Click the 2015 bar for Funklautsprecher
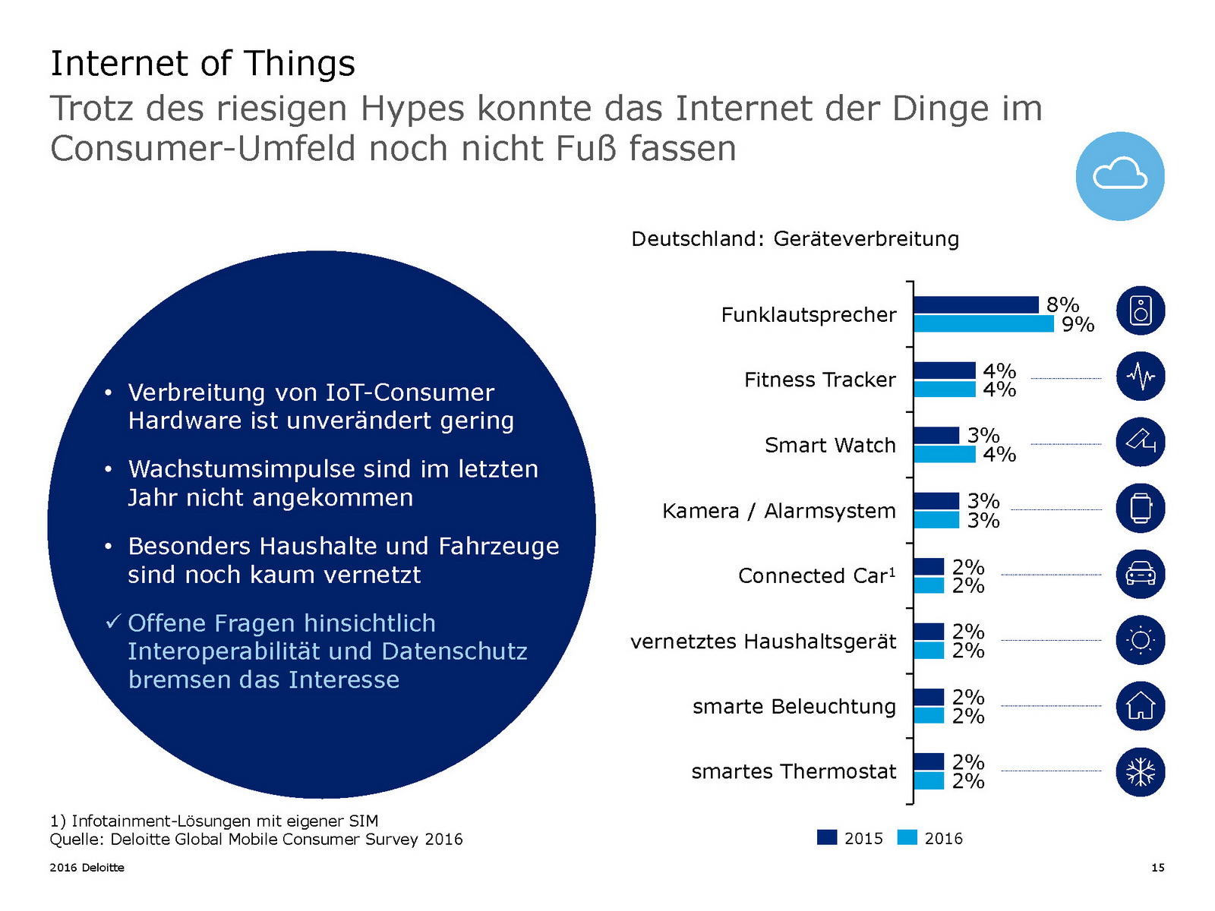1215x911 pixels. click(976, 304)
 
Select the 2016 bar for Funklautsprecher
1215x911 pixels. click(983, 324)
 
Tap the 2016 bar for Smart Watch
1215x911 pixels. click(944, 454)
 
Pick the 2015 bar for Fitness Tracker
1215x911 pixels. click(944, 370)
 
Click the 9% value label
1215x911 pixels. click(1078, 325)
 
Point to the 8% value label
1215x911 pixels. click(1062, 304)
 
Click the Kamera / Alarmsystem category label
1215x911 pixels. click(778, 511)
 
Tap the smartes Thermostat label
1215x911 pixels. click(794, 772)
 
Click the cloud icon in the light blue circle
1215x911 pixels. click(1120, 175)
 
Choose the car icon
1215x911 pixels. click(1141, 574)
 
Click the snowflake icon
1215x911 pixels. click(1141, 772)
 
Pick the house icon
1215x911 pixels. click(1141, 706)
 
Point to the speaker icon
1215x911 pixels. click(1141, 310)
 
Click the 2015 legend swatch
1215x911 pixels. click(827, 837)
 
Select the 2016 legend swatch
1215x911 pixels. click(907, 837)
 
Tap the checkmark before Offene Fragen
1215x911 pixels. click(113, 623)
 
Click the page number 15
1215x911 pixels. click(1157, 868)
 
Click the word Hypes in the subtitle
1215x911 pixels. click(412, 109)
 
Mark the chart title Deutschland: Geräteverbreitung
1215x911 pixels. click(795, 239)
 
